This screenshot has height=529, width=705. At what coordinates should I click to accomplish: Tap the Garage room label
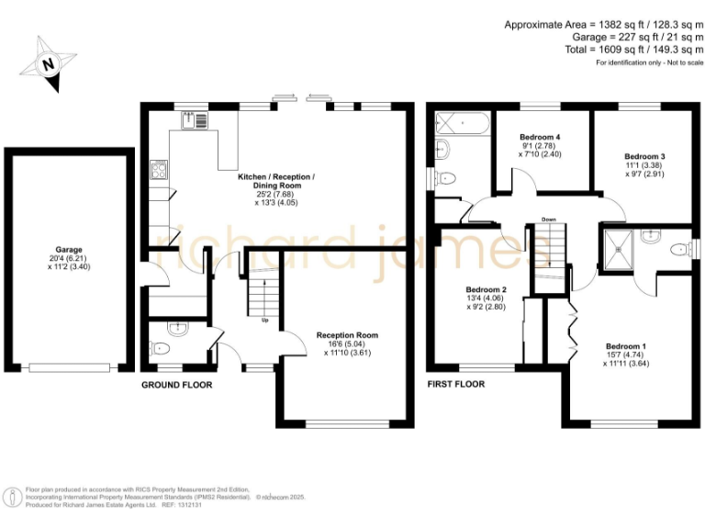tap(69, 249)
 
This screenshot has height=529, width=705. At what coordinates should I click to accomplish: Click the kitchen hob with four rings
tap(158, 169)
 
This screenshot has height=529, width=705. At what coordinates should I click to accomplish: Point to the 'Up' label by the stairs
tap(266, 321)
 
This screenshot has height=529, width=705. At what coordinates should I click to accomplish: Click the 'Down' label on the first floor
tap(549, 219)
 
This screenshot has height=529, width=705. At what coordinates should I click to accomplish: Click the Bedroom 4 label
tap(540, 137)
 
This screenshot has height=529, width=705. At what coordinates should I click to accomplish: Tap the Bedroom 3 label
tap(643, 156)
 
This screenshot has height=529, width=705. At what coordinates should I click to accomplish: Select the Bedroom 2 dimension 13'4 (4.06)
tap(487, 298)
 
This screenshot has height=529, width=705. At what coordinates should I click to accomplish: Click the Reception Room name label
tap(347, 335)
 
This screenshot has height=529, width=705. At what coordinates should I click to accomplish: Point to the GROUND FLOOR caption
tap(176, 385)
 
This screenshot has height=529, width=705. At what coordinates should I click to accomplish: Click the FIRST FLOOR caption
tap(456, 384)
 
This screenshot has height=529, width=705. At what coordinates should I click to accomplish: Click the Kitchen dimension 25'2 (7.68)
tap(276, 194)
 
